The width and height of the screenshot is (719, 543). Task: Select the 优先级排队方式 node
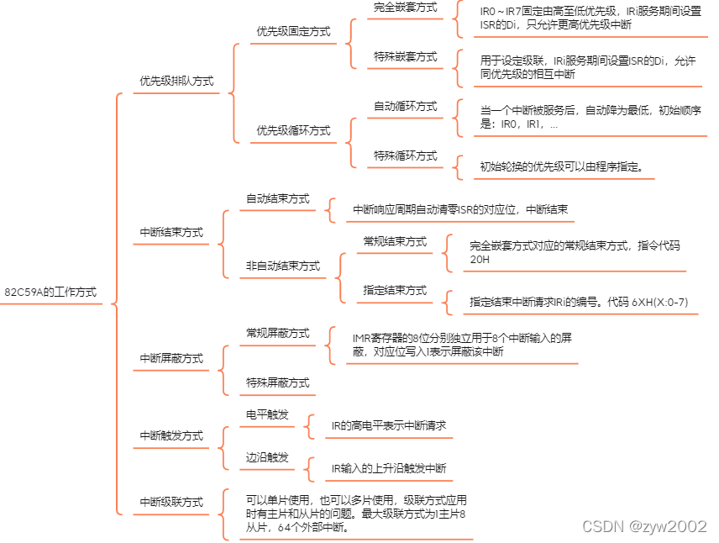[176, 82]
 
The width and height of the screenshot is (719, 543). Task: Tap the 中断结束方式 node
[171, 233]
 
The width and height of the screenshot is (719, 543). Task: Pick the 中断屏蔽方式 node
[171, 358]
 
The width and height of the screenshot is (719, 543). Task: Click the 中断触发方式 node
[171, 435]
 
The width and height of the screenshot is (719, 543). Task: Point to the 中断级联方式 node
[171, 502]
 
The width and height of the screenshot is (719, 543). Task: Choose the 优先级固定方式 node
[293, 32]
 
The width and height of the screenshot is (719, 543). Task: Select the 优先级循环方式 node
[293, 130]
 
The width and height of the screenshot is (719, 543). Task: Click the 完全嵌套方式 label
[406, 7]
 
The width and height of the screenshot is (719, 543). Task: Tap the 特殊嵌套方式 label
[406, 56]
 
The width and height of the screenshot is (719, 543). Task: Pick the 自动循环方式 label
[406, 107]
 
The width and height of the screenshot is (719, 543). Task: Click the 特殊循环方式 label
[406, 156]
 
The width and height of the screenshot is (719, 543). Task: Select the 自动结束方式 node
[277, 199]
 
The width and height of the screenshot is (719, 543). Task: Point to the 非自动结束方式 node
[283, 266]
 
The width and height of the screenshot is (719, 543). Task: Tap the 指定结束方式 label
[395, 290]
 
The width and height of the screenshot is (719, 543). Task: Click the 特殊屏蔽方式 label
[277, 382]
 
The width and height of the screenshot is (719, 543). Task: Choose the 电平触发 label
[267, 415]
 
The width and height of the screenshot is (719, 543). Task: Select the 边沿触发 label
[267, 458]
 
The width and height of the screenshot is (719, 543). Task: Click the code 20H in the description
[480, 260]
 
